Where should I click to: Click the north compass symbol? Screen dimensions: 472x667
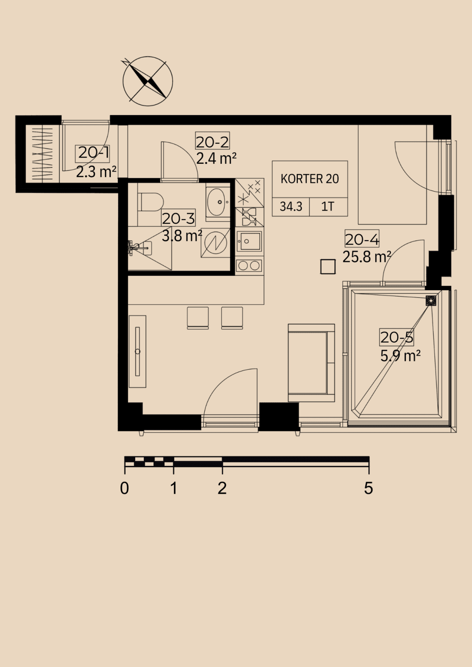pos(147,81)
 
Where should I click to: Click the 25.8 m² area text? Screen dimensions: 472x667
pos(367,257)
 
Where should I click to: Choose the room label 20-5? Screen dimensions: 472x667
pos(397,337)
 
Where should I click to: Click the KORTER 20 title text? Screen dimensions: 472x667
pos(310,178)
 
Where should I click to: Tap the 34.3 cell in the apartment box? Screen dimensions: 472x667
pos(291,207)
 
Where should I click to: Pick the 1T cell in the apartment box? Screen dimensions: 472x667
pos(328,207)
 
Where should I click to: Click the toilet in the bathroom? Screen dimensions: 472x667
pos(150,201)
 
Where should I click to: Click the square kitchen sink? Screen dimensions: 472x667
pos(249,241)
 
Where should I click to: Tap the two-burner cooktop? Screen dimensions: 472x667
pos(249,265)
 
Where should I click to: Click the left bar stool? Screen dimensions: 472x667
pos(198,318)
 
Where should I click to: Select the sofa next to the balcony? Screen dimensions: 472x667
pos(311,363)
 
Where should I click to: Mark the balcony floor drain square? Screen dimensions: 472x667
pos(431,301)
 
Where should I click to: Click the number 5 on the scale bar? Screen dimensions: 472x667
pos(369,488)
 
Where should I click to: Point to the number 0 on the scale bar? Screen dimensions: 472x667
pos(125,488)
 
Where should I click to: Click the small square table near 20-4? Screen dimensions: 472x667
pos(328,267)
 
